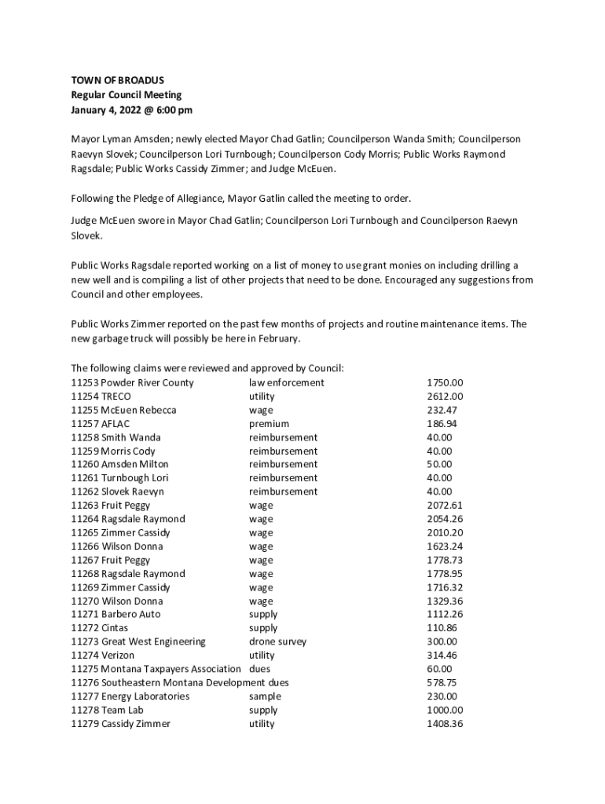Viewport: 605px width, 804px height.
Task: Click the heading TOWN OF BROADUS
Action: (118, 80)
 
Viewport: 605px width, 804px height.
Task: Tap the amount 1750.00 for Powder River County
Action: (445, 383)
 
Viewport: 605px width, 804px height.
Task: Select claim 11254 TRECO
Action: (101, 397)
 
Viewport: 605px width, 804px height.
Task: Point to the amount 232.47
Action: (442, 410)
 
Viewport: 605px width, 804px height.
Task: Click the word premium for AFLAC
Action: (269, 424)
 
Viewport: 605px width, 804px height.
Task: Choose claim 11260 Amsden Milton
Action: (119, 465)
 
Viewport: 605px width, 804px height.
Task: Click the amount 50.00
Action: (439, 465)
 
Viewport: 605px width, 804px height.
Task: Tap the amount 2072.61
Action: (445, 506)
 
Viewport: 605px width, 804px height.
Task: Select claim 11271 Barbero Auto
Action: (115, 615)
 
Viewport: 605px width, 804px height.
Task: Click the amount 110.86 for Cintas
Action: (442, 628)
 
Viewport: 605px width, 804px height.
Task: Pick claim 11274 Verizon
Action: (102, 656)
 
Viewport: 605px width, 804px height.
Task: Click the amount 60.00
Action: (439, 669)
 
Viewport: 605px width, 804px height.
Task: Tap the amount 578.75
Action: (442, 683)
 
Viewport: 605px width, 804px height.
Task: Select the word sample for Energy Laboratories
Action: (265, 696)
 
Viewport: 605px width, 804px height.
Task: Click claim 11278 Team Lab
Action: (107, 711)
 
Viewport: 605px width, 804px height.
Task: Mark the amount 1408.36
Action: (445, 724)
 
